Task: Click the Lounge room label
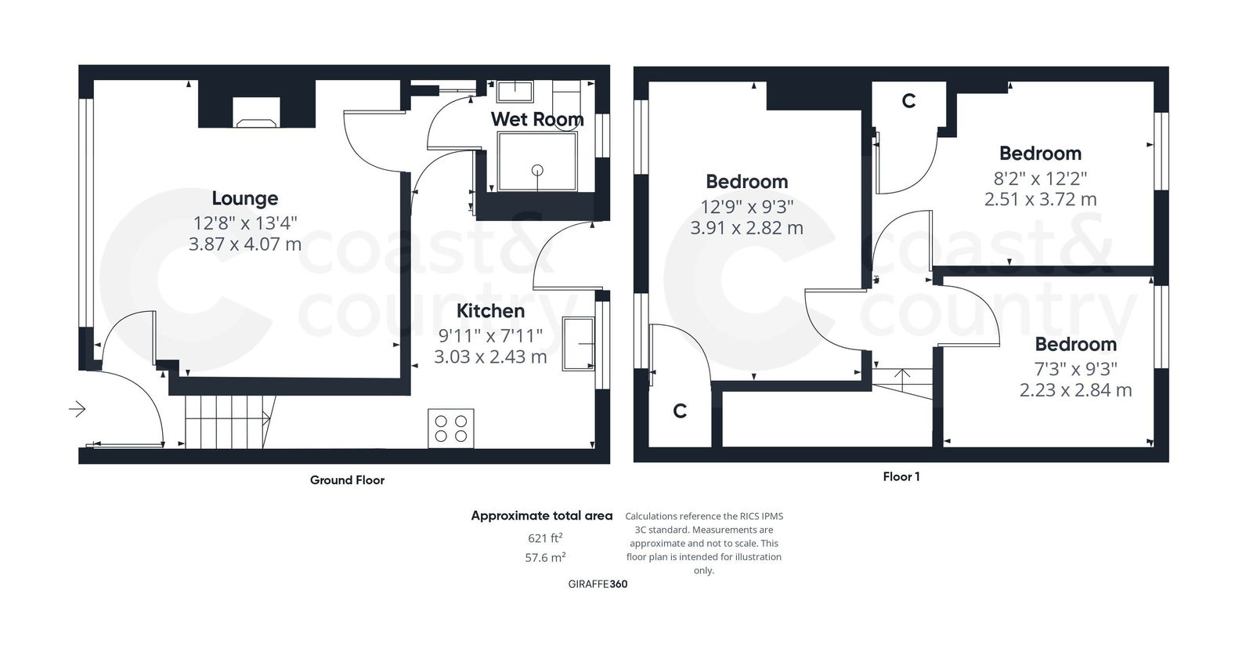pyautogui.click(x=244, y=198)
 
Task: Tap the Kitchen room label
pyautogui.click(x=490, y=310)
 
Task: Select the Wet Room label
pyautogui.click(x=536, y=119)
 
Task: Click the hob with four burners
pyautogui.click(x=450, y=428)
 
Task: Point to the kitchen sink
pyautogui.click(x=578, y=343)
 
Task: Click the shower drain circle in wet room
pyautogui.click(x=537, y=169)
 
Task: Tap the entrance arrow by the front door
pyautogui.click(x=77, y=408)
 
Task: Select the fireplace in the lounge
pyautogui.click(x=255, y=113)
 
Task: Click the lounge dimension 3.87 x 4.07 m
pyautogui.click(x=244, y=244)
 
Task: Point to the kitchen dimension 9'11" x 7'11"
pyautogui.click(x=490, y=335)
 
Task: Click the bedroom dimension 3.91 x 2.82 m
pyautogui.click(x=746, y=228)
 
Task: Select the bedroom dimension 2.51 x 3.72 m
pyautogui.click(x=1040, y=199)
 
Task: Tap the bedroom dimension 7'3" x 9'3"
pyautogui.click(x=1075, y=368)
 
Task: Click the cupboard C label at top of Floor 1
pyautogui.click(x=908, y=101)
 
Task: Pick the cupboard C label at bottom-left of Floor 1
pyautogui.click(x=680, y=411)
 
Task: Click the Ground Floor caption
pyautogui.click(x=347, y=479)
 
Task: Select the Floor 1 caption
pyautogui.click(x=901, y=476)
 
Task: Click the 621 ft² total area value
pyautogui.click(x=545, y=537)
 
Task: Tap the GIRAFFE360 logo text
pyautogui.click(x=598, y=584)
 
